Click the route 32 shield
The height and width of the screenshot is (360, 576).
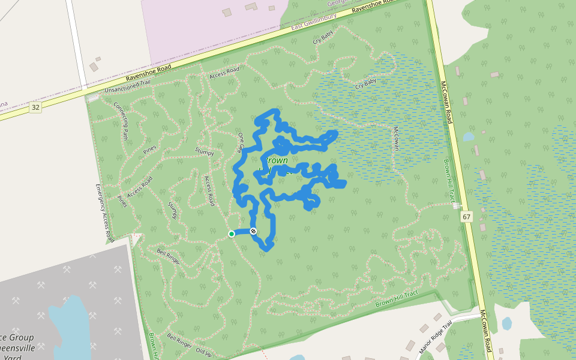[x=36, y=107]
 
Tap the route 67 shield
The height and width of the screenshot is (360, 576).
[x=467, y=216]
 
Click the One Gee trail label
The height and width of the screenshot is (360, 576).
[x=241, y=142]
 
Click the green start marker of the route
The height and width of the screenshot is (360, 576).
[x=232, y=234]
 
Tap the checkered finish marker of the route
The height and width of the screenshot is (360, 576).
[x=253, y=231]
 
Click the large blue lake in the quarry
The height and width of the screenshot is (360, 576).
[x=69, y=324]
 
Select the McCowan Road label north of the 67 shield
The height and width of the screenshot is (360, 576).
[x=446, y=102]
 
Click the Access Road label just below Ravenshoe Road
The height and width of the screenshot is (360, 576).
[x=224, y=72]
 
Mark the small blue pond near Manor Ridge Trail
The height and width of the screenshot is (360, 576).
[x=506, y=323]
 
